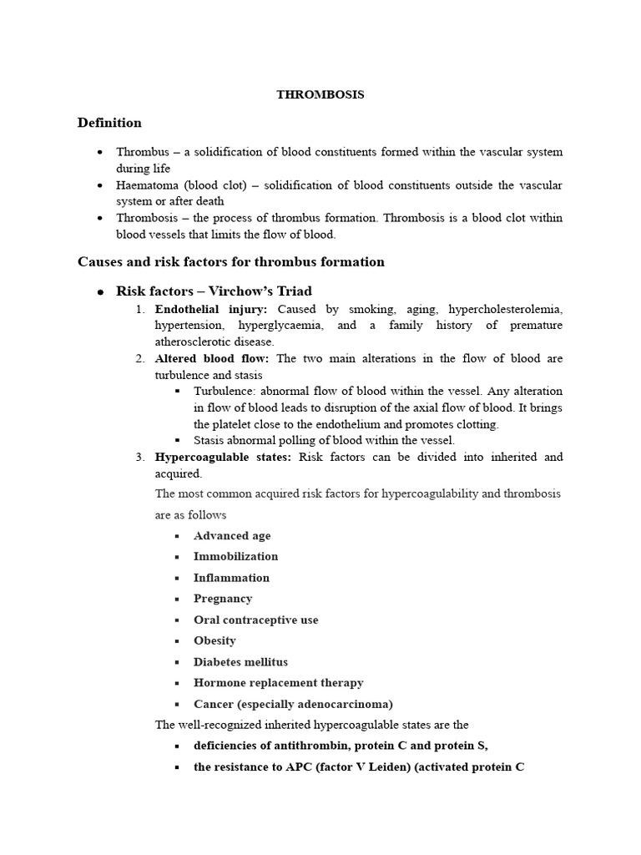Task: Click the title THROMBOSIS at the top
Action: tap(320, 94)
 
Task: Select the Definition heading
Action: tap(109, 123)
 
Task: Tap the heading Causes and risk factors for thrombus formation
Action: tap(231, 262)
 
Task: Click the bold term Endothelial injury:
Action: tap(211, 309)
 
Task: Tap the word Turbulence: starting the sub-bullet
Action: tap(225, 391)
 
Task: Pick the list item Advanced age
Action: tap(232, 536)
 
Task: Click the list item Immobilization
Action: tap(235, 556)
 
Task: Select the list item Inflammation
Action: tap(231, 578)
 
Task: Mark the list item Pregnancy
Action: tap(223, 599)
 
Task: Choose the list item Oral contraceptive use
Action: tap(255, 620)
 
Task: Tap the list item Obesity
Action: tap(215, 640)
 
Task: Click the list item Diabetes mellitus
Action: tap(240, 662)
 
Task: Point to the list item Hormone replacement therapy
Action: tap(278, 683)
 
